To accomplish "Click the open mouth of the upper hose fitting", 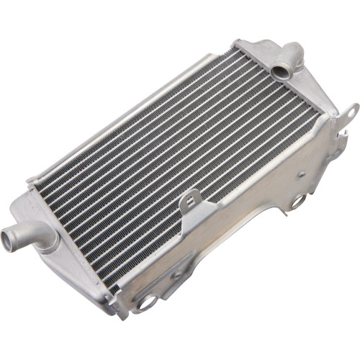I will pyautogui.click(x=281, y=72).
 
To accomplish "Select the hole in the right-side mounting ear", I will pyautogui.click(x=351, y=112).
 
